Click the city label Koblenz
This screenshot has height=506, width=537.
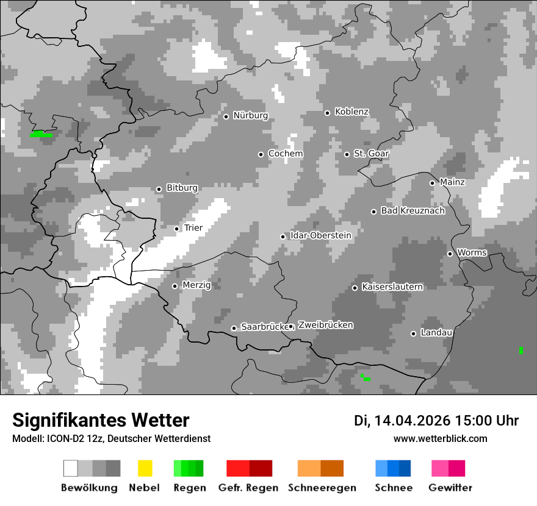pyautogui.click(x=351, y=112)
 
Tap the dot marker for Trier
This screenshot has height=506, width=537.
pyautogui.click(x=177, y=229)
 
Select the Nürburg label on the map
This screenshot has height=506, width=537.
pyautogui.click(x=250, y=116)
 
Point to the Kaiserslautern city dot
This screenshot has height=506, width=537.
pyautogui.click(x=355, y=288)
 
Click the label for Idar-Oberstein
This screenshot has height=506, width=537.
pyautogui.click(x=321, y=235)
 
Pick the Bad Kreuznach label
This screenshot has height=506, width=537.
pyautogui.click(x=413, y=211)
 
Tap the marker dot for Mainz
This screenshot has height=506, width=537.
pyautogui.click(x=432, y=183)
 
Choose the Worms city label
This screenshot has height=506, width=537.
pyautogui.click(x=472, y=252)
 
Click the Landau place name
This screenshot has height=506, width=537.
pyautogui.click(x=436, y=333)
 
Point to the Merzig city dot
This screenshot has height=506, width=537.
pyautogui.click(x=175, y=286)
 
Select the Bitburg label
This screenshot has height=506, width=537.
pyautogui.click(x=182, y=188)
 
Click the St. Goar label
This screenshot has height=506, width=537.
pyautogui.click(x=371, y=154)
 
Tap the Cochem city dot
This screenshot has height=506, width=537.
pyautogui.click(x=261, y=154)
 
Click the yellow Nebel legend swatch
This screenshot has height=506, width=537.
pyautogui.click(x=145, y=468)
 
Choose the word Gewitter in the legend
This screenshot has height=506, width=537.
pyautogui.click(x=450, y=488)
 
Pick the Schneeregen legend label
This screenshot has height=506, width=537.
pyautogui.click(x=322, y=488)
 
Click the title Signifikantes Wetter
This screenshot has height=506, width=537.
pyautogui.click(x=101, y=420)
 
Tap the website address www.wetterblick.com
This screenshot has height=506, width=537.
pyautogui.click(x=440, y=438)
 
